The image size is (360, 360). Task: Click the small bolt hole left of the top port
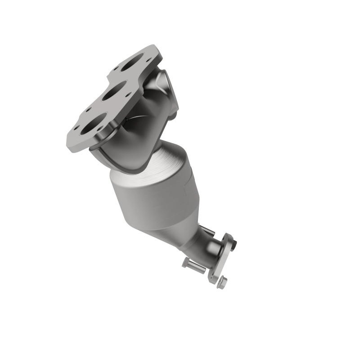coord(116,68)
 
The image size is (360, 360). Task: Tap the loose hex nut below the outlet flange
coord(222,283)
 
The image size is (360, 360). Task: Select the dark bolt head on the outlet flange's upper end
coord(234,243)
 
